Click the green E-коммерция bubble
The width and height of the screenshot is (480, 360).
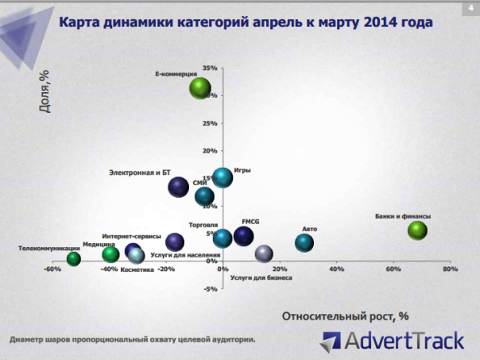pyautogui.click(x=200, y=88)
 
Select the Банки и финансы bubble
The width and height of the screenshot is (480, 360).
pyautogui.click(x=418, y=230)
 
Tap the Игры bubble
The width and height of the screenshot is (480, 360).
pyautogui.click(x=223, y=177)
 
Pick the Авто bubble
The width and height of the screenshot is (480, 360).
pyautogui.click(x=304, y=242)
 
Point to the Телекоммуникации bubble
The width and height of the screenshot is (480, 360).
pyautogui.click(x=74, y=258)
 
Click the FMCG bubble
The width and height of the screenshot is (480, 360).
pyautogui.click(x=244, y=235)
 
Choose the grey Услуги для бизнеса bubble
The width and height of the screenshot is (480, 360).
pyautogui.click(x=264, y=254)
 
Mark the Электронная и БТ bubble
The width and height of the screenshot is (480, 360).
pyautogui.click(x=179, y=188)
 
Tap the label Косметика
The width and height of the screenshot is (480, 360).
pyautogui.click(x=137, y=270)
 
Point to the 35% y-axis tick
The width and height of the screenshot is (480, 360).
pyautogui.click(x=211, y=68)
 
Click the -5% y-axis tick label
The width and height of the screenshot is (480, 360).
pyautogui.click(x=211, y=288)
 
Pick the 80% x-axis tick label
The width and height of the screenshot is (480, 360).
pyautogui.click(x=450, y=269)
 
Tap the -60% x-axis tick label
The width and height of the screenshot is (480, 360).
pyautogui.click(x=53, y=269)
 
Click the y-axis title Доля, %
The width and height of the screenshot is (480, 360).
pyautogui.click(x=45, y=92)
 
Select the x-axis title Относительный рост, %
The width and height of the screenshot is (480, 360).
pyautogui.click(x=345, y=315)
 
